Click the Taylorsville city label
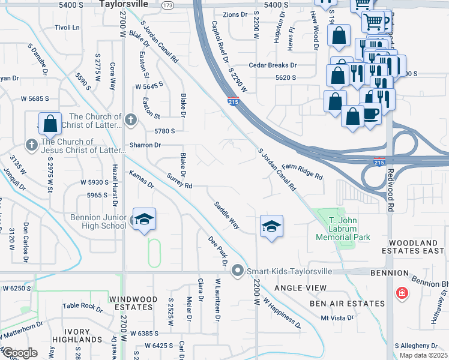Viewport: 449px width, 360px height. tap(123, 4)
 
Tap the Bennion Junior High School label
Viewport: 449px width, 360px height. tap(97, 221)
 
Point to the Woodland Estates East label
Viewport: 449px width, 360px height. tap(409, 247)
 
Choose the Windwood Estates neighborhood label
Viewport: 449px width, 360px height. tap(133, 303)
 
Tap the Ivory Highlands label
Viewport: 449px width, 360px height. tap(76, 335)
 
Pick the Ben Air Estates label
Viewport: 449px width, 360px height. tap(347, 304)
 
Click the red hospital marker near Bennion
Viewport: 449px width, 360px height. tap(402, 293)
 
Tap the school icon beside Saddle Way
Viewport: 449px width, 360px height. tap(271, 226)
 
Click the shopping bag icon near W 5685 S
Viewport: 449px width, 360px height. tap(50, 124)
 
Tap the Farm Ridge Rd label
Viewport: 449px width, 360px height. tap(303, 172)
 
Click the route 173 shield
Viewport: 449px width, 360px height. tap(168, 5)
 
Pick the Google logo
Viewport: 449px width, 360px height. tap(19, 353)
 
